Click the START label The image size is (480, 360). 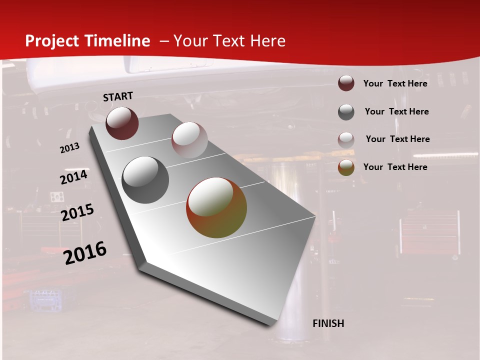[118, 96]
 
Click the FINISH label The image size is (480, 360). [328, 323]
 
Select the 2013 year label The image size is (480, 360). [70, 147]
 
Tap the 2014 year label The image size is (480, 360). [73, 177]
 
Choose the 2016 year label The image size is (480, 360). [85, 252]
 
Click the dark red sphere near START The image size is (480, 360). [122, 123]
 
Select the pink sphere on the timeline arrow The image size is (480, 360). [189, 140]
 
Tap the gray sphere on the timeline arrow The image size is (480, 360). [145, 179]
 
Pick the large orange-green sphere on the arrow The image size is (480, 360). [216, 207]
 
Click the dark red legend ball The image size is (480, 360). [346, 83]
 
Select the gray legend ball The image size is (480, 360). [346, 112]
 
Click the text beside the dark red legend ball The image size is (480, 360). [395, 83]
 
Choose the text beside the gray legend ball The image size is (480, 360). [396, 111]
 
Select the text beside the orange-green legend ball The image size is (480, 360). [395, 167]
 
